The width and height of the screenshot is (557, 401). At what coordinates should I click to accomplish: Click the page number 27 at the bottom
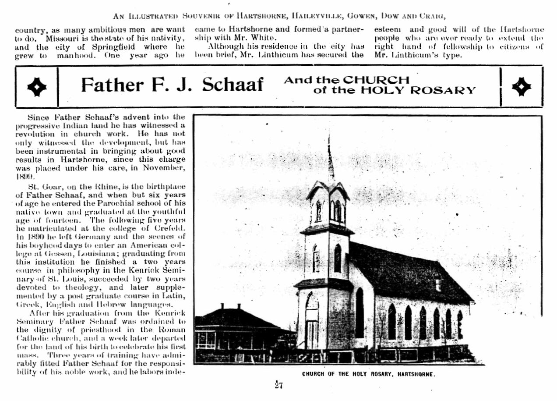point(279,385)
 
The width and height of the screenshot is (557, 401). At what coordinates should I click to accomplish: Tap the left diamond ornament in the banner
point(36,87)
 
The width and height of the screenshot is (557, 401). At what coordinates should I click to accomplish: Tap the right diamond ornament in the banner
point(521,87)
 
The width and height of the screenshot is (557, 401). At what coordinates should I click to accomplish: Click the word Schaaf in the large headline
point(233,85)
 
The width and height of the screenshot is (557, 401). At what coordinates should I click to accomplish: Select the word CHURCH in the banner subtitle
point(376,80)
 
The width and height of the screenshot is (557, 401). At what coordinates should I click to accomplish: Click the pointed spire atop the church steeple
point(330,158)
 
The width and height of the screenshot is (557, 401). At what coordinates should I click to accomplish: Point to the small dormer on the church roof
point(438,285)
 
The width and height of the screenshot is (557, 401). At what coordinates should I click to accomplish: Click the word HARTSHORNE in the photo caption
point(416,375)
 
